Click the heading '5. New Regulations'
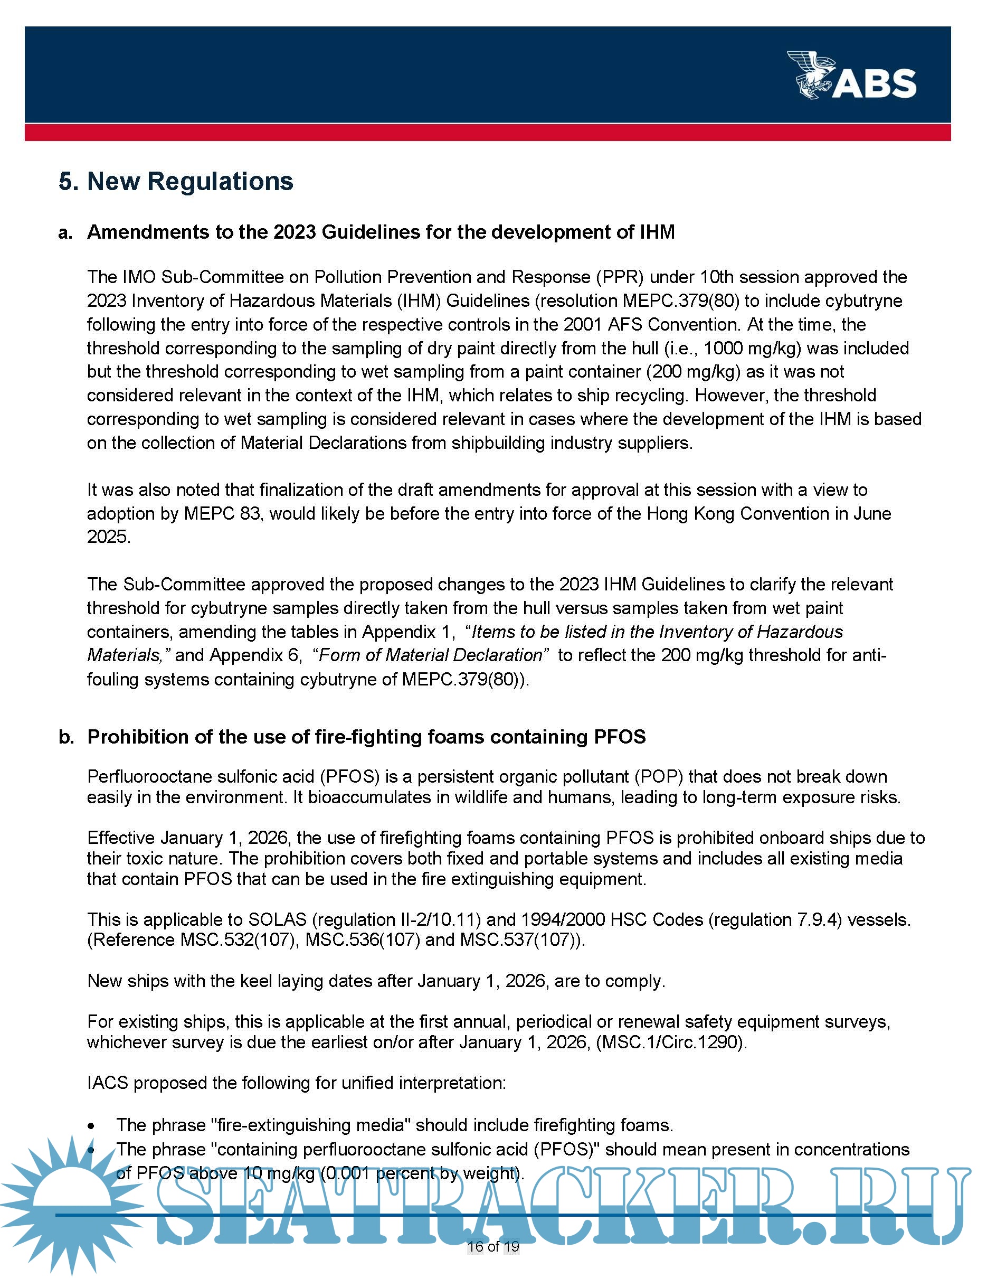176,181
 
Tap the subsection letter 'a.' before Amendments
65,233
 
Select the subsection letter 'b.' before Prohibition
66,737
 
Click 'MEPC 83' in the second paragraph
222,514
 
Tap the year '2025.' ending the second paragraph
109,537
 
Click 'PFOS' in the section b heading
620,737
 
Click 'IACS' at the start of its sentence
108,1083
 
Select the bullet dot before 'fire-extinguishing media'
92,1126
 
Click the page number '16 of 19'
493,1246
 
